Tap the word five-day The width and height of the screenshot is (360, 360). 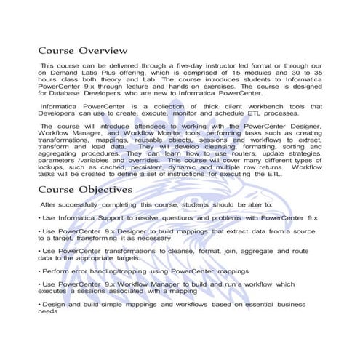click(x=186, y=65)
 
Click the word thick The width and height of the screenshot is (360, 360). click(x=199, y=106)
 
